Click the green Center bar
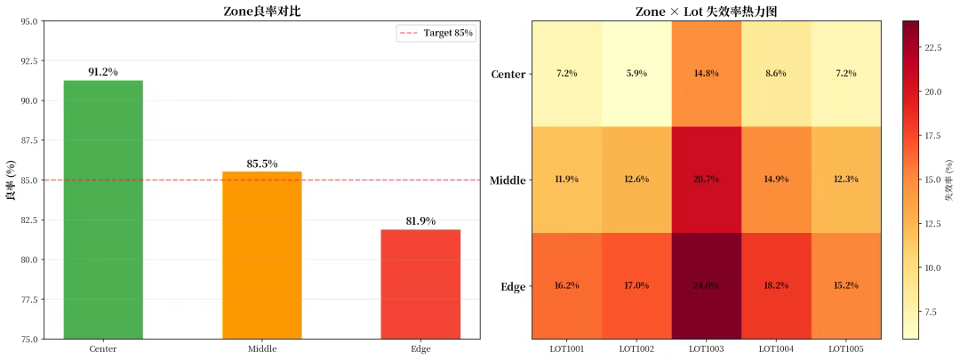tap(103, 209)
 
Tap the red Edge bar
tap(420, 284)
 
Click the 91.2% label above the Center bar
tap(103, 72)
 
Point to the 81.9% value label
tap(420, 221)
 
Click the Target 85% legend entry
tap(436, 33)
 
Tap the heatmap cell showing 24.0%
tap(707, 286)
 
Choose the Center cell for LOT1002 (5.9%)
tap(636, 73)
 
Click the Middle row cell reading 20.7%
tap(707, 180)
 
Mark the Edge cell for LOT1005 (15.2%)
tap(846, 286)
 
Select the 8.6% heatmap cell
tap(776, 73)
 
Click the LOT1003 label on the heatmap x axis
tap(707, 349)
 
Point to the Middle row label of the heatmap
tap(508, 180)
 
